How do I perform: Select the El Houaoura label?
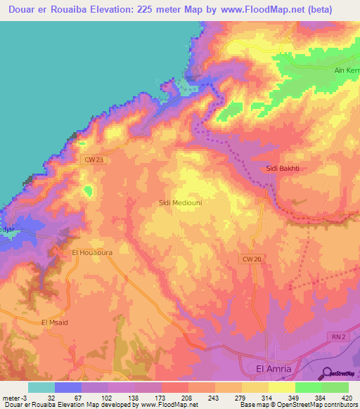coord(92,251)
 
